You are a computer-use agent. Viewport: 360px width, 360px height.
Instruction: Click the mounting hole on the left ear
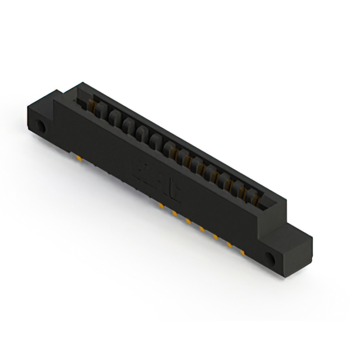41,125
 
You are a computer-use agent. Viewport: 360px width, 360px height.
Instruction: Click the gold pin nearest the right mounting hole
242,251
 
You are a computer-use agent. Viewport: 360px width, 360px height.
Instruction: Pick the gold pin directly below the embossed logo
161,206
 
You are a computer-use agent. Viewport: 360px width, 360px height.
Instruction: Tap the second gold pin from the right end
229,245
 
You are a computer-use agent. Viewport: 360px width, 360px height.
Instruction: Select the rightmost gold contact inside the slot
258,196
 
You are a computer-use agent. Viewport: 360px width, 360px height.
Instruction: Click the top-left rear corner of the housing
79,83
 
